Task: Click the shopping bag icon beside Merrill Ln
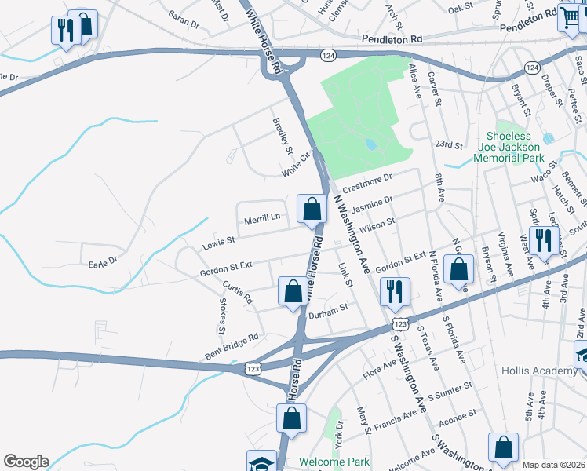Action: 312,210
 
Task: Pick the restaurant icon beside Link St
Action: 394,291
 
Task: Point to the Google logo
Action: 26,462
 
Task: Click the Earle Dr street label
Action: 103,260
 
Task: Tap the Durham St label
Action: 327,312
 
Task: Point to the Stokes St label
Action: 222,312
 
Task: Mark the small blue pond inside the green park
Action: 369,144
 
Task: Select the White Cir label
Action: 297,166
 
